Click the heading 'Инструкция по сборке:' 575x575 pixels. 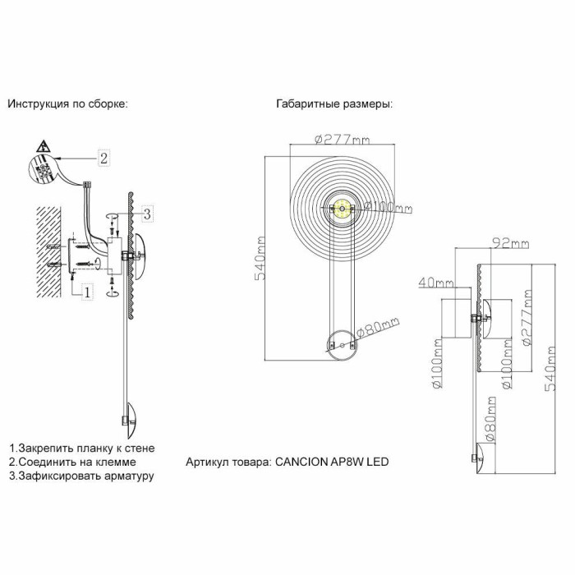pyautogui.click(x=68, y=104)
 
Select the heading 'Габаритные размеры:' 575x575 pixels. pyautogui.click(x=334, y=104)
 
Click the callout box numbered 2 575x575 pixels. pyautogui.click(x=103, y=159)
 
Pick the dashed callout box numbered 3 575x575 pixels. pyautogui.click(x=145, y=214)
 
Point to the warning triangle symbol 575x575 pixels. pyautogui.click(x=44, y=149)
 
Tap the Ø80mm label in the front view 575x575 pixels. pyautogui.click(x=377, y=328)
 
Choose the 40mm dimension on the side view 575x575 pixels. pyautogui.click(x=435, y=283)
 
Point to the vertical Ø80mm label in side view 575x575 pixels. pyautogui.click(x=490, y=419)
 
